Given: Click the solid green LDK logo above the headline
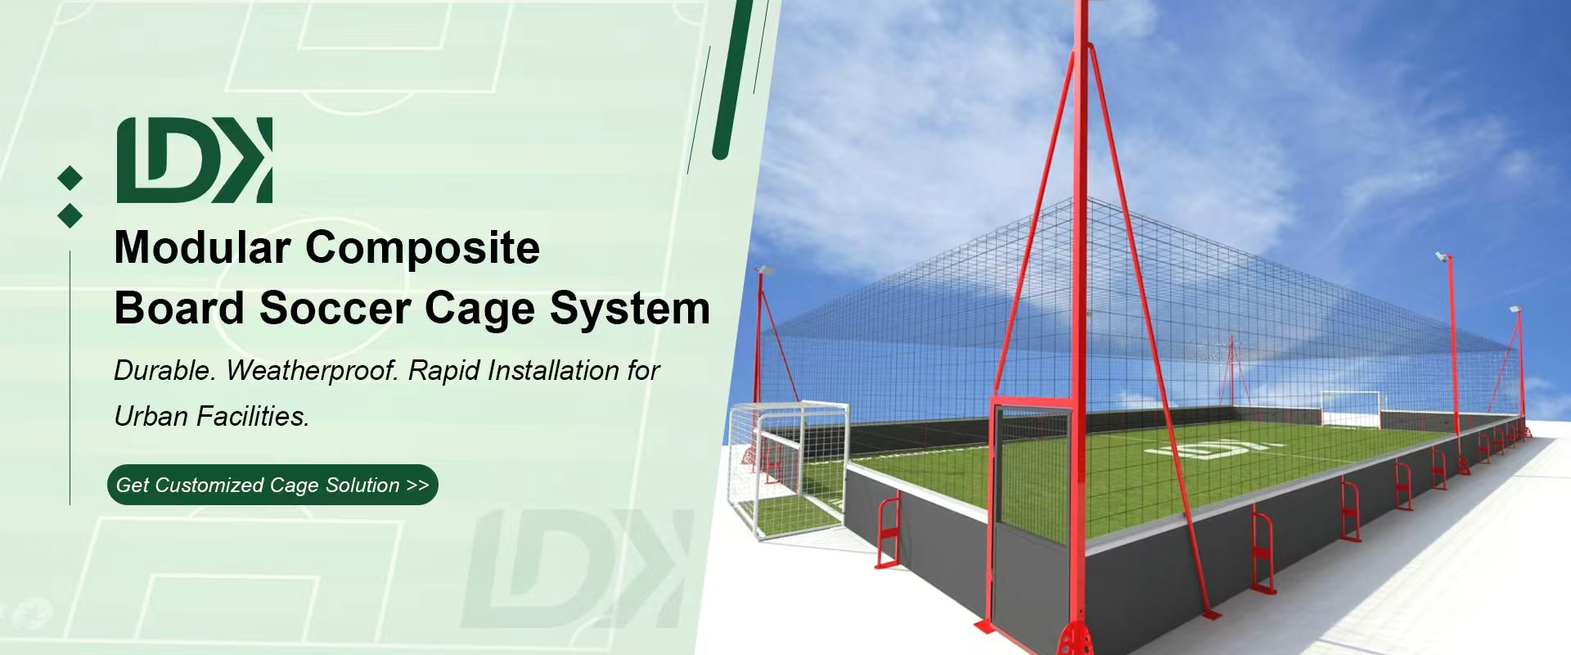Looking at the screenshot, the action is click(195, 160).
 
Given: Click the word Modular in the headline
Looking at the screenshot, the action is click(202, 246).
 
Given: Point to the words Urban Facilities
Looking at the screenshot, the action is click(212, 417).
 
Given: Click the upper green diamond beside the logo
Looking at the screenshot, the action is click(70, 178).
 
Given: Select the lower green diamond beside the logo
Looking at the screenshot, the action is click(70, 215).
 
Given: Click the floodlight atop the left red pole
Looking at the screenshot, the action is click(763, 269).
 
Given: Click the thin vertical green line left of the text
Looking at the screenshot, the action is click(70, 377).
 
